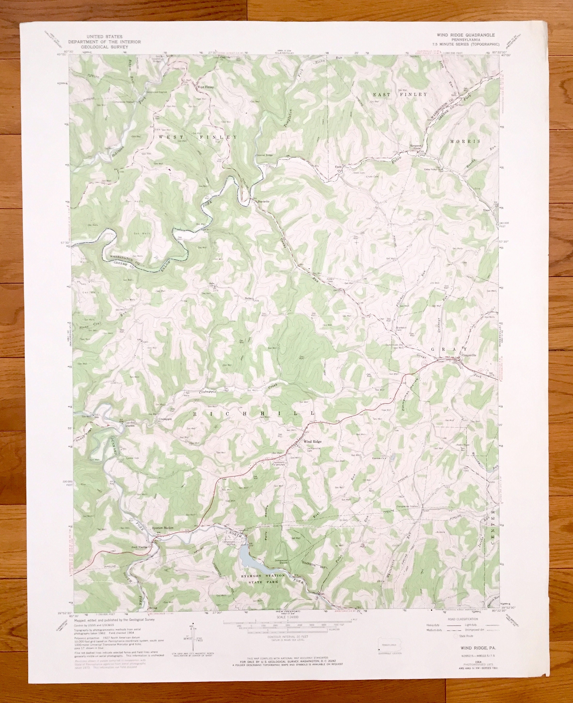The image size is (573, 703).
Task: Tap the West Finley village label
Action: pyautogui.click(x=205, y=87)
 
